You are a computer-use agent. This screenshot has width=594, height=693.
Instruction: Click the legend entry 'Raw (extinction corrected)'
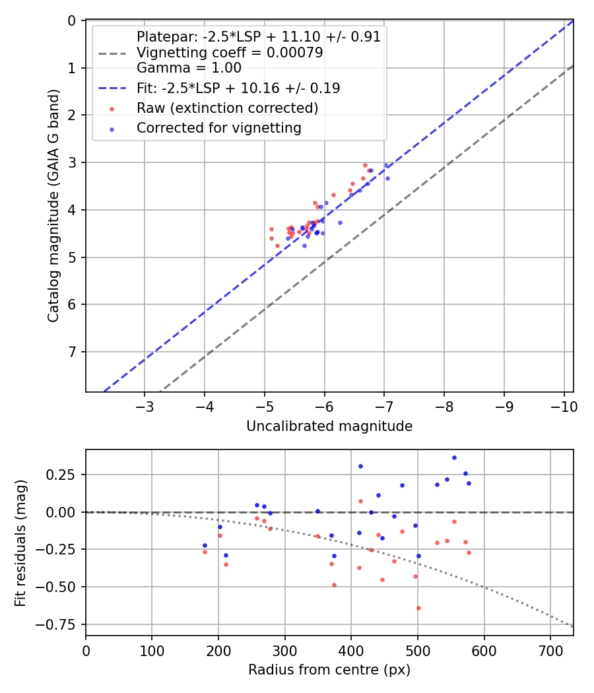point(227,108)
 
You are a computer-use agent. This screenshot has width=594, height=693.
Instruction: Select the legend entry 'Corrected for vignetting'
point(218,128)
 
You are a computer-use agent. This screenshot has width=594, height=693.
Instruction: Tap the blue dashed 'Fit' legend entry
point(238,88)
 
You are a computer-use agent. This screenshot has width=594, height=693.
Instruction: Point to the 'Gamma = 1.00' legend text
point(189,67)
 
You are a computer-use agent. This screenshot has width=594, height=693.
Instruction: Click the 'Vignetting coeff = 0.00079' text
point(230,53)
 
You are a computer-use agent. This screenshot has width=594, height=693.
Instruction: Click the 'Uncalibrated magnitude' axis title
point(329,426)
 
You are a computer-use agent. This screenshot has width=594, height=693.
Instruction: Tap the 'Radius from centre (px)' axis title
point(329,670)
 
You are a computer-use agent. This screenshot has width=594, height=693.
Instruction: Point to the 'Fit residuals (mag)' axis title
point(20,543)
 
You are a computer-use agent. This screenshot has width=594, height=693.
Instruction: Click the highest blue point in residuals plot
point(454,457)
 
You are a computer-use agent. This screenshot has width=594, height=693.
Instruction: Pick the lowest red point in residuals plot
point(418,608)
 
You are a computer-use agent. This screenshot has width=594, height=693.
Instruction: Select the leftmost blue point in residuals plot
point(205,545)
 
